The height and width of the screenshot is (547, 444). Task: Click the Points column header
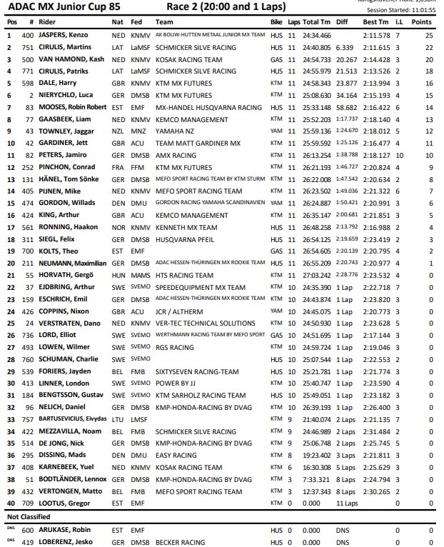426,22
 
